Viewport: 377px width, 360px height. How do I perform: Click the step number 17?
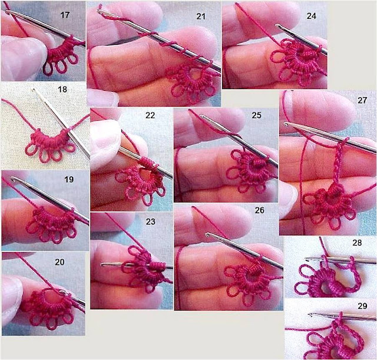click(65, 15)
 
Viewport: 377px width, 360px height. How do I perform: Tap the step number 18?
click(62, 90)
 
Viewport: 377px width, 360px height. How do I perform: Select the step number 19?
click(69, 179)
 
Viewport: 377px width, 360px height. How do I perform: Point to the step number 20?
click(59, 262)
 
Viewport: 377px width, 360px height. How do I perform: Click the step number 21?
click(201, 16)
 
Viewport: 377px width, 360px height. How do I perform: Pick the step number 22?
click(150, 115)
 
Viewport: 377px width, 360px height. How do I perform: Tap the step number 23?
click(151, 222)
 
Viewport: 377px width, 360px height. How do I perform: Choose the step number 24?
click(311, 16)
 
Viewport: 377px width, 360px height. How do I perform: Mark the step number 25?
click(256, 115)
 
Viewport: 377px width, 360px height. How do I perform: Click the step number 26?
click(259, 210)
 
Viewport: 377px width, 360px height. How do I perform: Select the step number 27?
click(362, 100)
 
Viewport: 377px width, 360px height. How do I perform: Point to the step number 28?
click(357, 243)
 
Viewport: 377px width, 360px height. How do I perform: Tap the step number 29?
click(362, 306)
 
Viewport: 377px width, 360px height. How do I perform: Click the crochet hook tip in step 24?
click(277, 25)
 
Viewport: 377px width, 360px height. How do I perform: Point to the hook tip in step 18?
click(34, 90)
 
